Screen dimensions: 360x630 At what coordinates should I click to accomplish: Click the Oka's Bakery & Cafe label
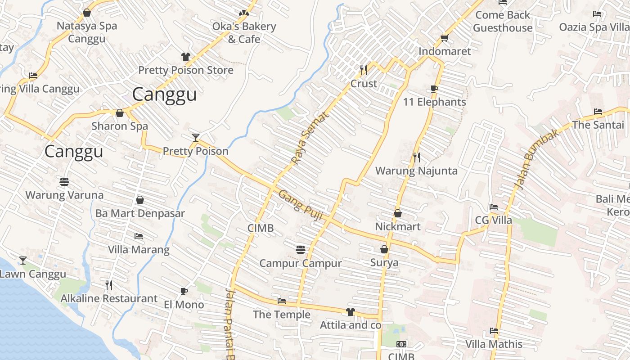tap(244, 33)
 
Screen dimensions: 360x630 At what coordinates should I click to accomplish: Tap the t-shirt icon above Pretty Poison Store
tap(186, 56)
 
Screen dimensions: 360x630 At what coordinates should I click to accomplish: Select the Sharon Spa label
tap(120, 126)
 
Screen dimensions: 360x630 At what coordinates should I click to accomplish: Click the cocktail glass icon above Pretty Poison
tap(196, 137)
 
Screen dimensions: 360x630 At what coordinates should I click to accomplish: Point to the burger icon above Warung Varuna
tap(64, 182)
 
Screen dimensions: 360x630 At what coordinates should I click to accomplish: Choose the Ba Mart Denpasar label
tap(140, 213)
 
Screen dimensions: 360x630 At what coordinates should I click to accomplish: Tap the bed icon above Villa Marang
tap(139, 236)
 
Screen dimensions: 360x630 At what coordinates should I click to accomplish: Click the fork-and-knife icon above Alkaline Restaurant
tap(108, 285)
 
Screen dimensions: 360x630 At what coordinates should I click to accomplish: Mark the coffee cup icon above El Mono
tap(184, 291)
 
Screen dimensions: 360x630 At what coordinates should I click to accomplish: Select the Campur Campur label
tap(301, 263)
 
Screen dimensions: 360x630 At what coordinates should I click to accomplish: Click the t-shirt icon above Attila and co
tap(351, 311)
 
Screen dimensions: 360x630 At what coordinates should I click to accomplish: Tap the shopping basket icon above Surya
tap(384, 249)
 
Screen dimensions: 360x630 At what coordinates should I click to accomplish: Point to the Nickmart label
tap(398, 226)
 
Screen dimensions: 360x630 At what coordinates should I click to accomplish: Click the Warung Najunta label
tap(416, 171)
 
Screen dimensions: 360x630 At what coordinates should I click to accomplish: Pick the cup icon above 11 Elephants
tap(434, 89)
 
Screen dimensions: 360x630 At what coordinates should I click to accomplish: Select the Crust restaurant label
tap(364, 84)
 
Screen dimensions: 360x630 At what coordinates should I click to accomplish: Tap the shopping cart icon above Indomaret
tap(445, 38)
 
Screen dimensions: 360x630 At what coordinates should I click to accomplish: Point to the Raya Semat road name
tap(310, 137)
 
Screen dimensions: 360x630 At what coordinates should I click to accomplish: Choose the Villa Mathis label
tap(494, 344)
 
